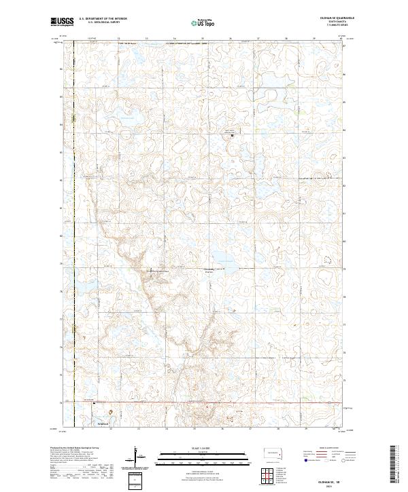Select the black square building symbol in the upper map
(233, 136)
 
